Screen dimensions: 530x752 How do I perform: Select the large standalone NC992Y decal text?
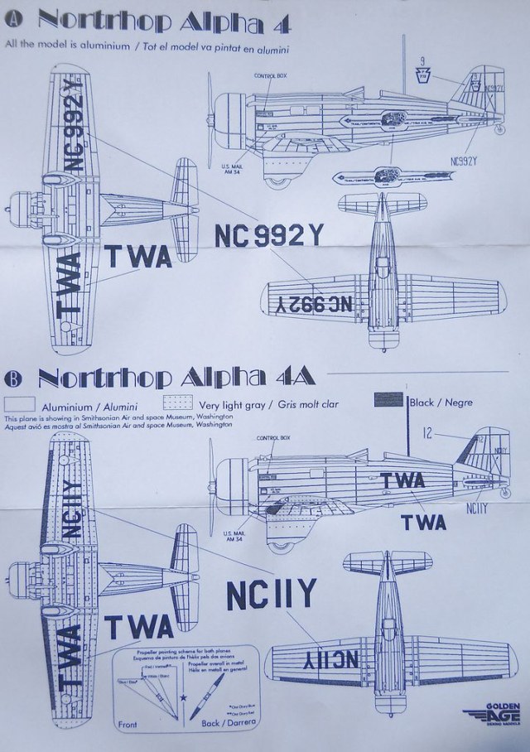pos(268,234)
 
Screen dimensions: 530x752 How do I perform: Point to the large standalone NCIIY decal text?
pos(271,594)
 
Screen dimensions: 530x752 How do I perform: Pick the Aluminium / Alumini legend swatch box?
pos(19,404)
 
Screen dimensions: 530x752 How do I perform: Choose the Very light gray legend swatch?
pos(179,404)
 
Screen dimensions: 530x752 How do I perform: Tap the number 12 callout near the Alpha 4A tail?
pos(426,431)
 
